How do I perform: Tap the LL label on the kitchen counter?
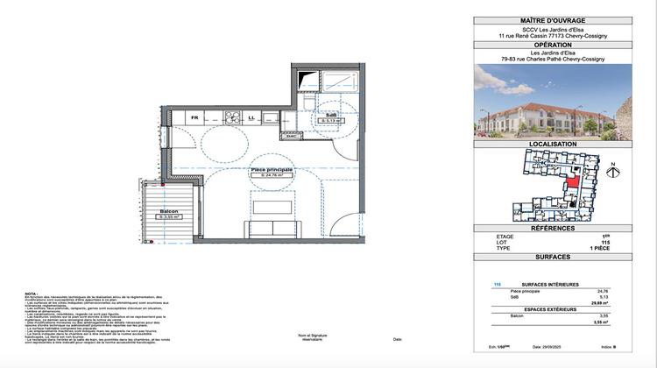251,117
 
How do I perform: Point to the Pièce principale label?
271,170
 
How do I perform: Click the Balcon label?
168,211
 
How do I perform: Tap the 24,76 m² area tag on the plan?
272,176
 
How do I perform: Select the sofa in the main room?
272,229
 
